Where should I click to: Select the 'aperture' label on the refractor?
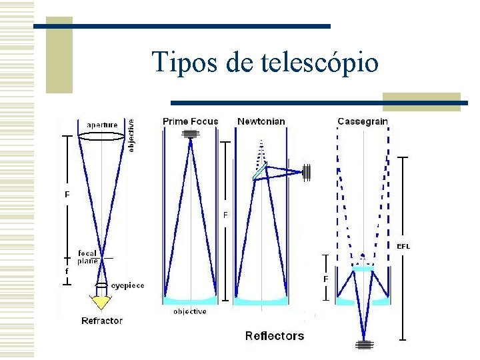(x=101, y=125)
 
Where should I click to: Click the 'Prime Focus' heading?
(x=190, y=121)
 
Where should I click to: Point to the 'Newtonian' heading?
(x=261, y=121)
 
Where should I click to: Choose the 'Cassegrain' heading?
(x=363, y=121)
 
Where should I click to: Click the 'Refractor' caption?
(x=102, y=321)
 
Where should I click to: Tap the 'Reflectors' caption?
(x=274, y=336)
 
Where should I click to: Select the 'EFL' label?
(x=403, y=246)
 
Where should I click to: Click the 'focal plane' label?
(x=89, y=257)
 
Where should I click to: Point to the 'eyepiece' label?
(x=127, y=285)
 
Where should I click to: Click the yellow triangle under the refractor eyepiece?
(x=101, y=303)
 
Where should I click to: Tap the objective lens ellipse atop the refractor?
(x=101, y=137)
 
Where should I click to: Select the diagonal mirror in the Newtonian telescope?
(x=259, y=171)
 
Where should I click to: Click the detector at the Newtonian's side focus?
(x=307, y=172)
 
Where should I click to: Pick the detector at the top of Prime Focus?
(x=191, y=134)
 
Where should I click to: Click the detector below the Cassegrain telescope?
(x=363, y=345)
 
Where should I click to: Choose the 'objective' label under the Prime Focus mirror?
(x=190, y=311)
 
